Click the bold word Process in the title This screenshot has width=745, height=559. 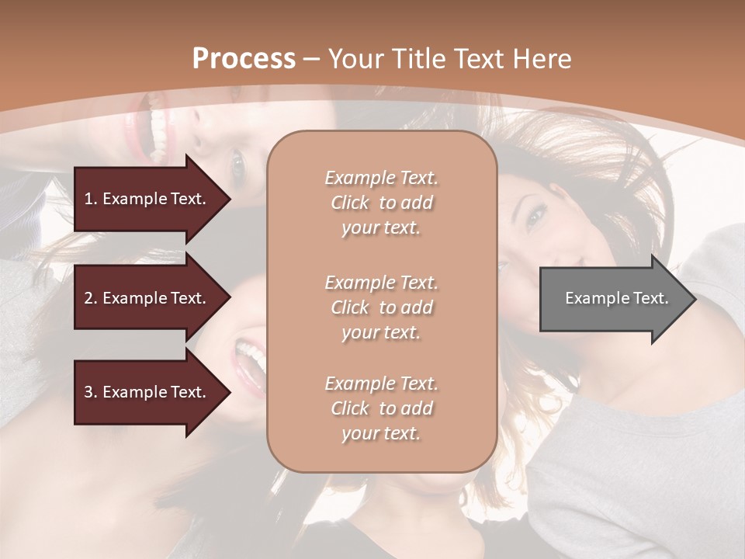244,58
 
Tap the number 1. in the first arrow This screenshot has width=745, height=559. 91,199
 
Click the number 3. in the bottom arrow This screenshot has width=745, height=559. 91,392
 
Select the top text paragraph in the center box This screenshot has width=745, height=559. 381,203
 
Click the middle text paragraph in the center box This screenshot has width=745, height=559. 381,307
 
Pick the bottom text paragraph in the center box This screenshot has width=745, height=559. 381,408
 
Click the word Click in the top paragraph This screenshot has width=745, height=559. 350,203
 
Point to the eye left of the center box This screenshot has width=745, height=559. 237,165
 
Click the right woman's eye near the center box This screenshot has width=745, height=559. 534,218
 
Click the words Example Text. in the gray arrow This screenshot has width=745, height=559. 617,298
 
